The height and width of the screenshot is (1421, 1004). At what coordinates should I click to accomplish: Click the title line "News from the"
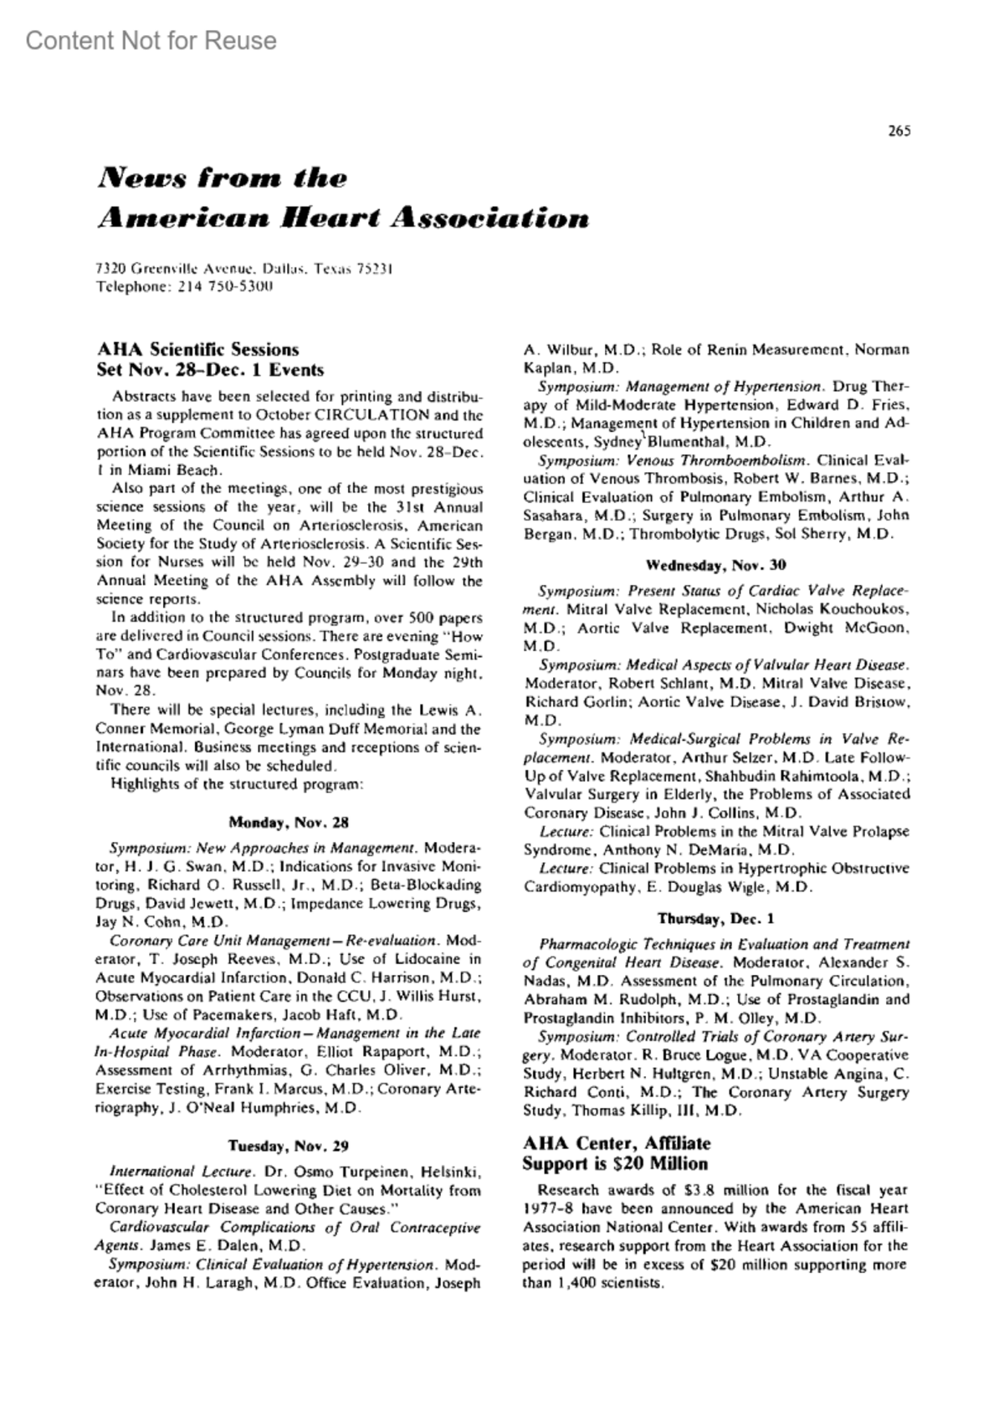(x=222, y=178)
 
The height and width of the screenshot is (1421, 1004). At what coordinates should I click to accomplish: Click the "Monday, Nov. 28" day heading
(x=289, y=823)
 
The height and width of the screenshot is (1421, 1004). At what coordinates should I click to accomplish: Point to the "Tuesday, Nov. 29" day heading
(x=289, y=1147)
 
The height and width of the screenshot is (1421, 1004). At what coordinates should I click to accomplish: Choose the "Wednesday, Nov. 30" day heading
(x=716, y=566)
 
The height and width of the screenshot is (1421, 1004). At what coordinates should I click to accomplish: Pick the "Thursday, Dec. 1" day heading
(x=716, y=918)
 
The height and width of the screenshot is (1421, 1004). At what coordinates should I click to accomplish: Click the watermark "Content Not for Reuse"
(x=151, y=40)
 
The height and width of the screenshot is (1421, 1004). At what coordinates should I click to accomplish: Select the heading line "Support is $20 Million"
(x=615, y=1164)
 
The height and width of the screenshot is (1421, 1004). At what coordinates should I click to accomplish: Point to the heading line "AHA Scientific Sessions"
(x=197, y=349)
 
